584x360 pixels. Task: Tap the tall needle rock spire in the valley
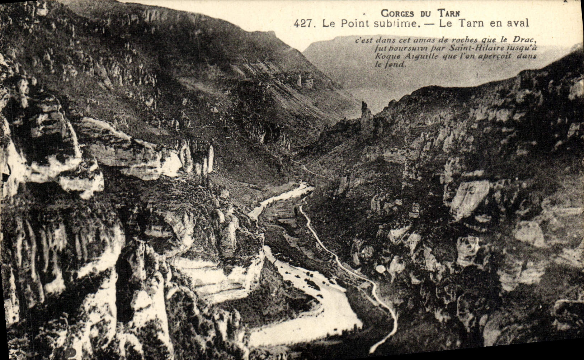point(366,115)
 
